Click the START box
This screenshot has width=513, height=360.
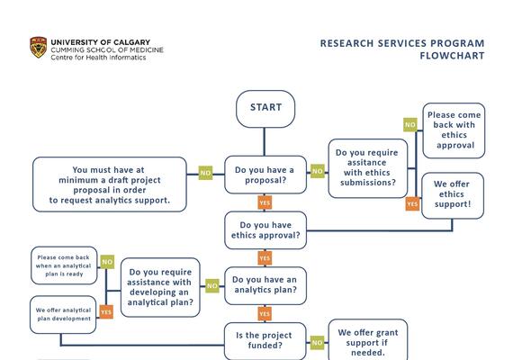[x=265, y=108]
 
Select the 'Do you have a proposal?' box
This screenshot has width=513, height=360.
[x=265, y=175]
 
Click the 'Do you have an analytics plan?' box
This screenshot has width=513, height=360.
[x=265, y=285]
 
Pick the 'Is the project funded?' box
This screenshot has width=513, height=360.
[x=265, y=340]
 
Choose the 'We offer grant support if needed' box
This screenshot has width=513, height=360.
[x=367, y=340]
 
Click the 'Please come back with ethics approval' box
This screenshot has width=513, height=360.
[x=454, y=130]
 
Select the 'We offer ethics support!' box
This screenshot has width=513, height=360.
[x=453, y=193]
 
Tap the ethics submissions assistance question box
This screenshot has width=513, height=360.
[x=368, y=168]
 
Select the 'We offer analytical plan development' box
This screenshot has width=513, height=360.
[x=63, y=314]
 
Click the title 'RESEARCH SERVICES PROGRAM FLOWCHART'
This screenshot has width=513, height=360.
[x=401, y=49]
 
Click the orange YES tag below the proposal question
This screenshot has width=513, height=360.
[x=265, y=202]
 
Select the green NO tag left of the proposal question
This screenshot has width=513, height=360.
[x=205, y=173]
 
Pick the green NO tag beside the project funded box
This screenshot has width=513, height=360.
[x=317, y=342]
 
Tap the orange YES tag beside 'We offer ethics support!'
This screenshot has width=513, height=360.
[x=412, y=204]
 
